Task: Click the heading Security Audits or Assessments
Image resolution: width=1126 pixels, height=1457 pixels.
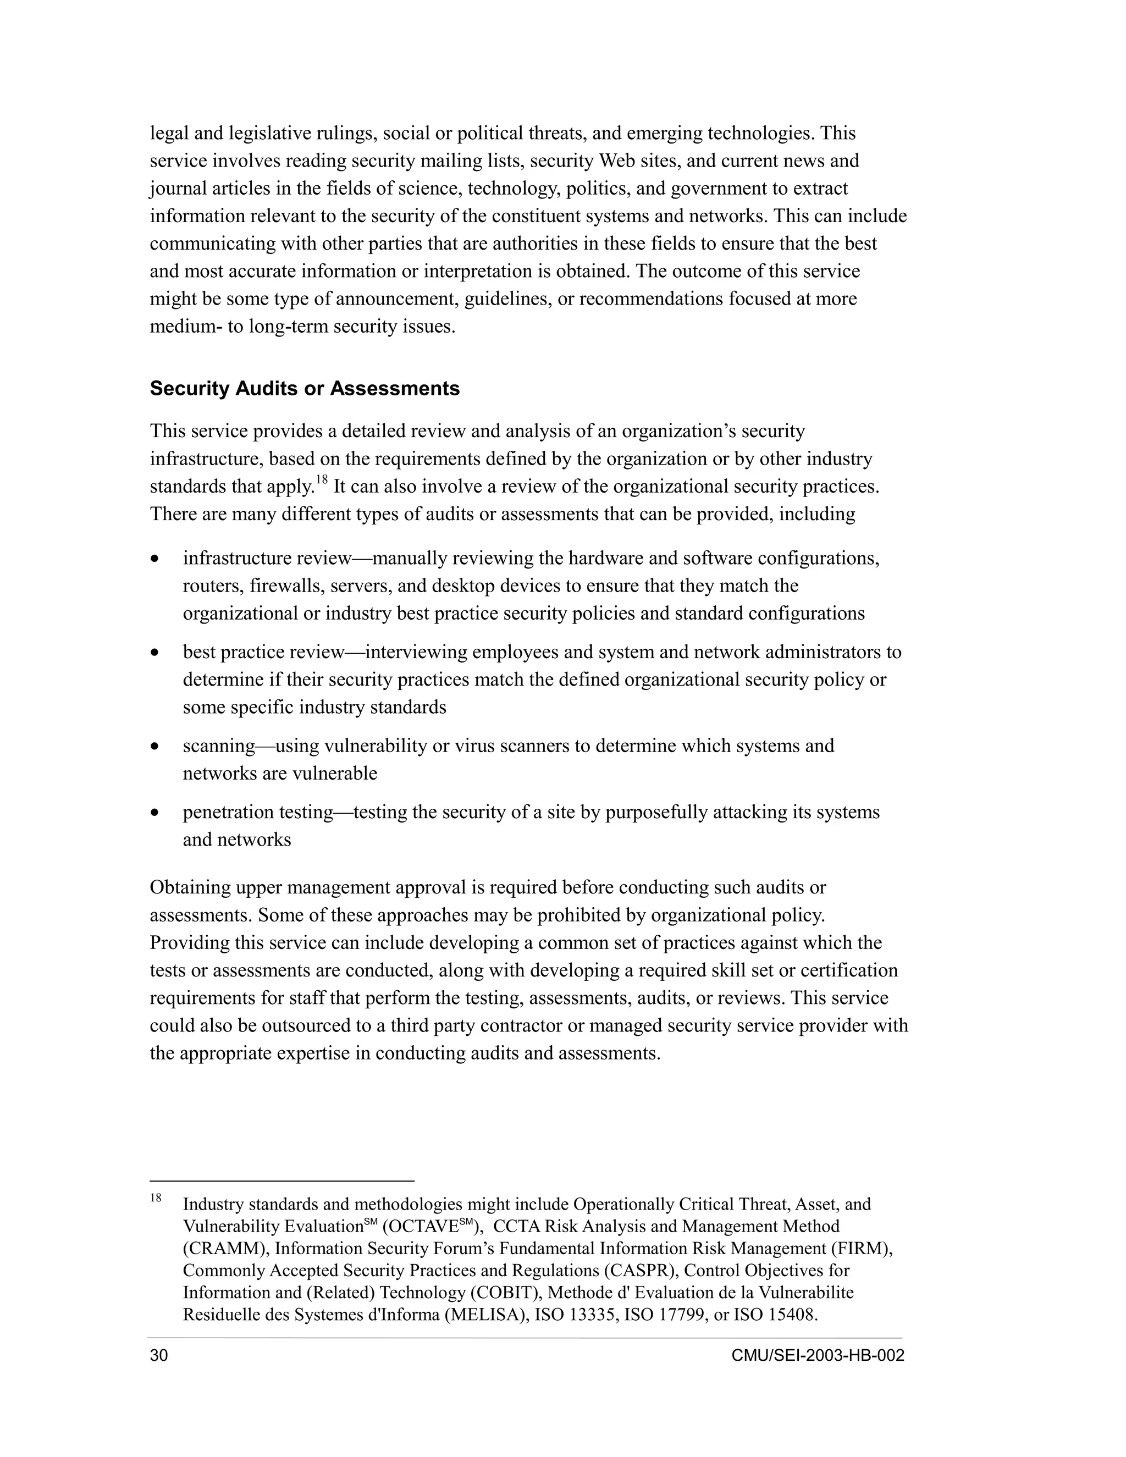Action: click(304, 389)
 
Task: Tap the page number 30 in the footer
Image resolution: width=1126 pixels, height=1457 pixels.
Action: click(159, 1356)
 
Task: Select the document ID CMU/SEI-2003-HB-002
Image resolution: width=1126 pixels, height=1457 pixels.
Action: click(817, 1356)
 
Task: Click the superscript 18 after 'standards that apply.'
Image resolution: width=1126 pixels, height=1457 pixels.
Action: click(322, 479)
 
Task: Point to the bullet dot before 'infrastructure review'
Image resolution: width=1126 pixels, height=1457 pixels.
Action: click(156, 559)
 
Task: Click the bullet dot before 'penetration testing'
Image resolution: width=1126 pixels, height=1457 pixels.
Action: click(156, 813)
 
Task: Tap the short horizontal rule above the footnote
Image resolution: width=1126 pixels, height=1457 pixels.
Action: click(281, 1181)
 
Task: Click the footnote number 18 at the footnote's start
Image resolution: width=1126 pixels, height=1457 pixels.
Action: click(156, 1198)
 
